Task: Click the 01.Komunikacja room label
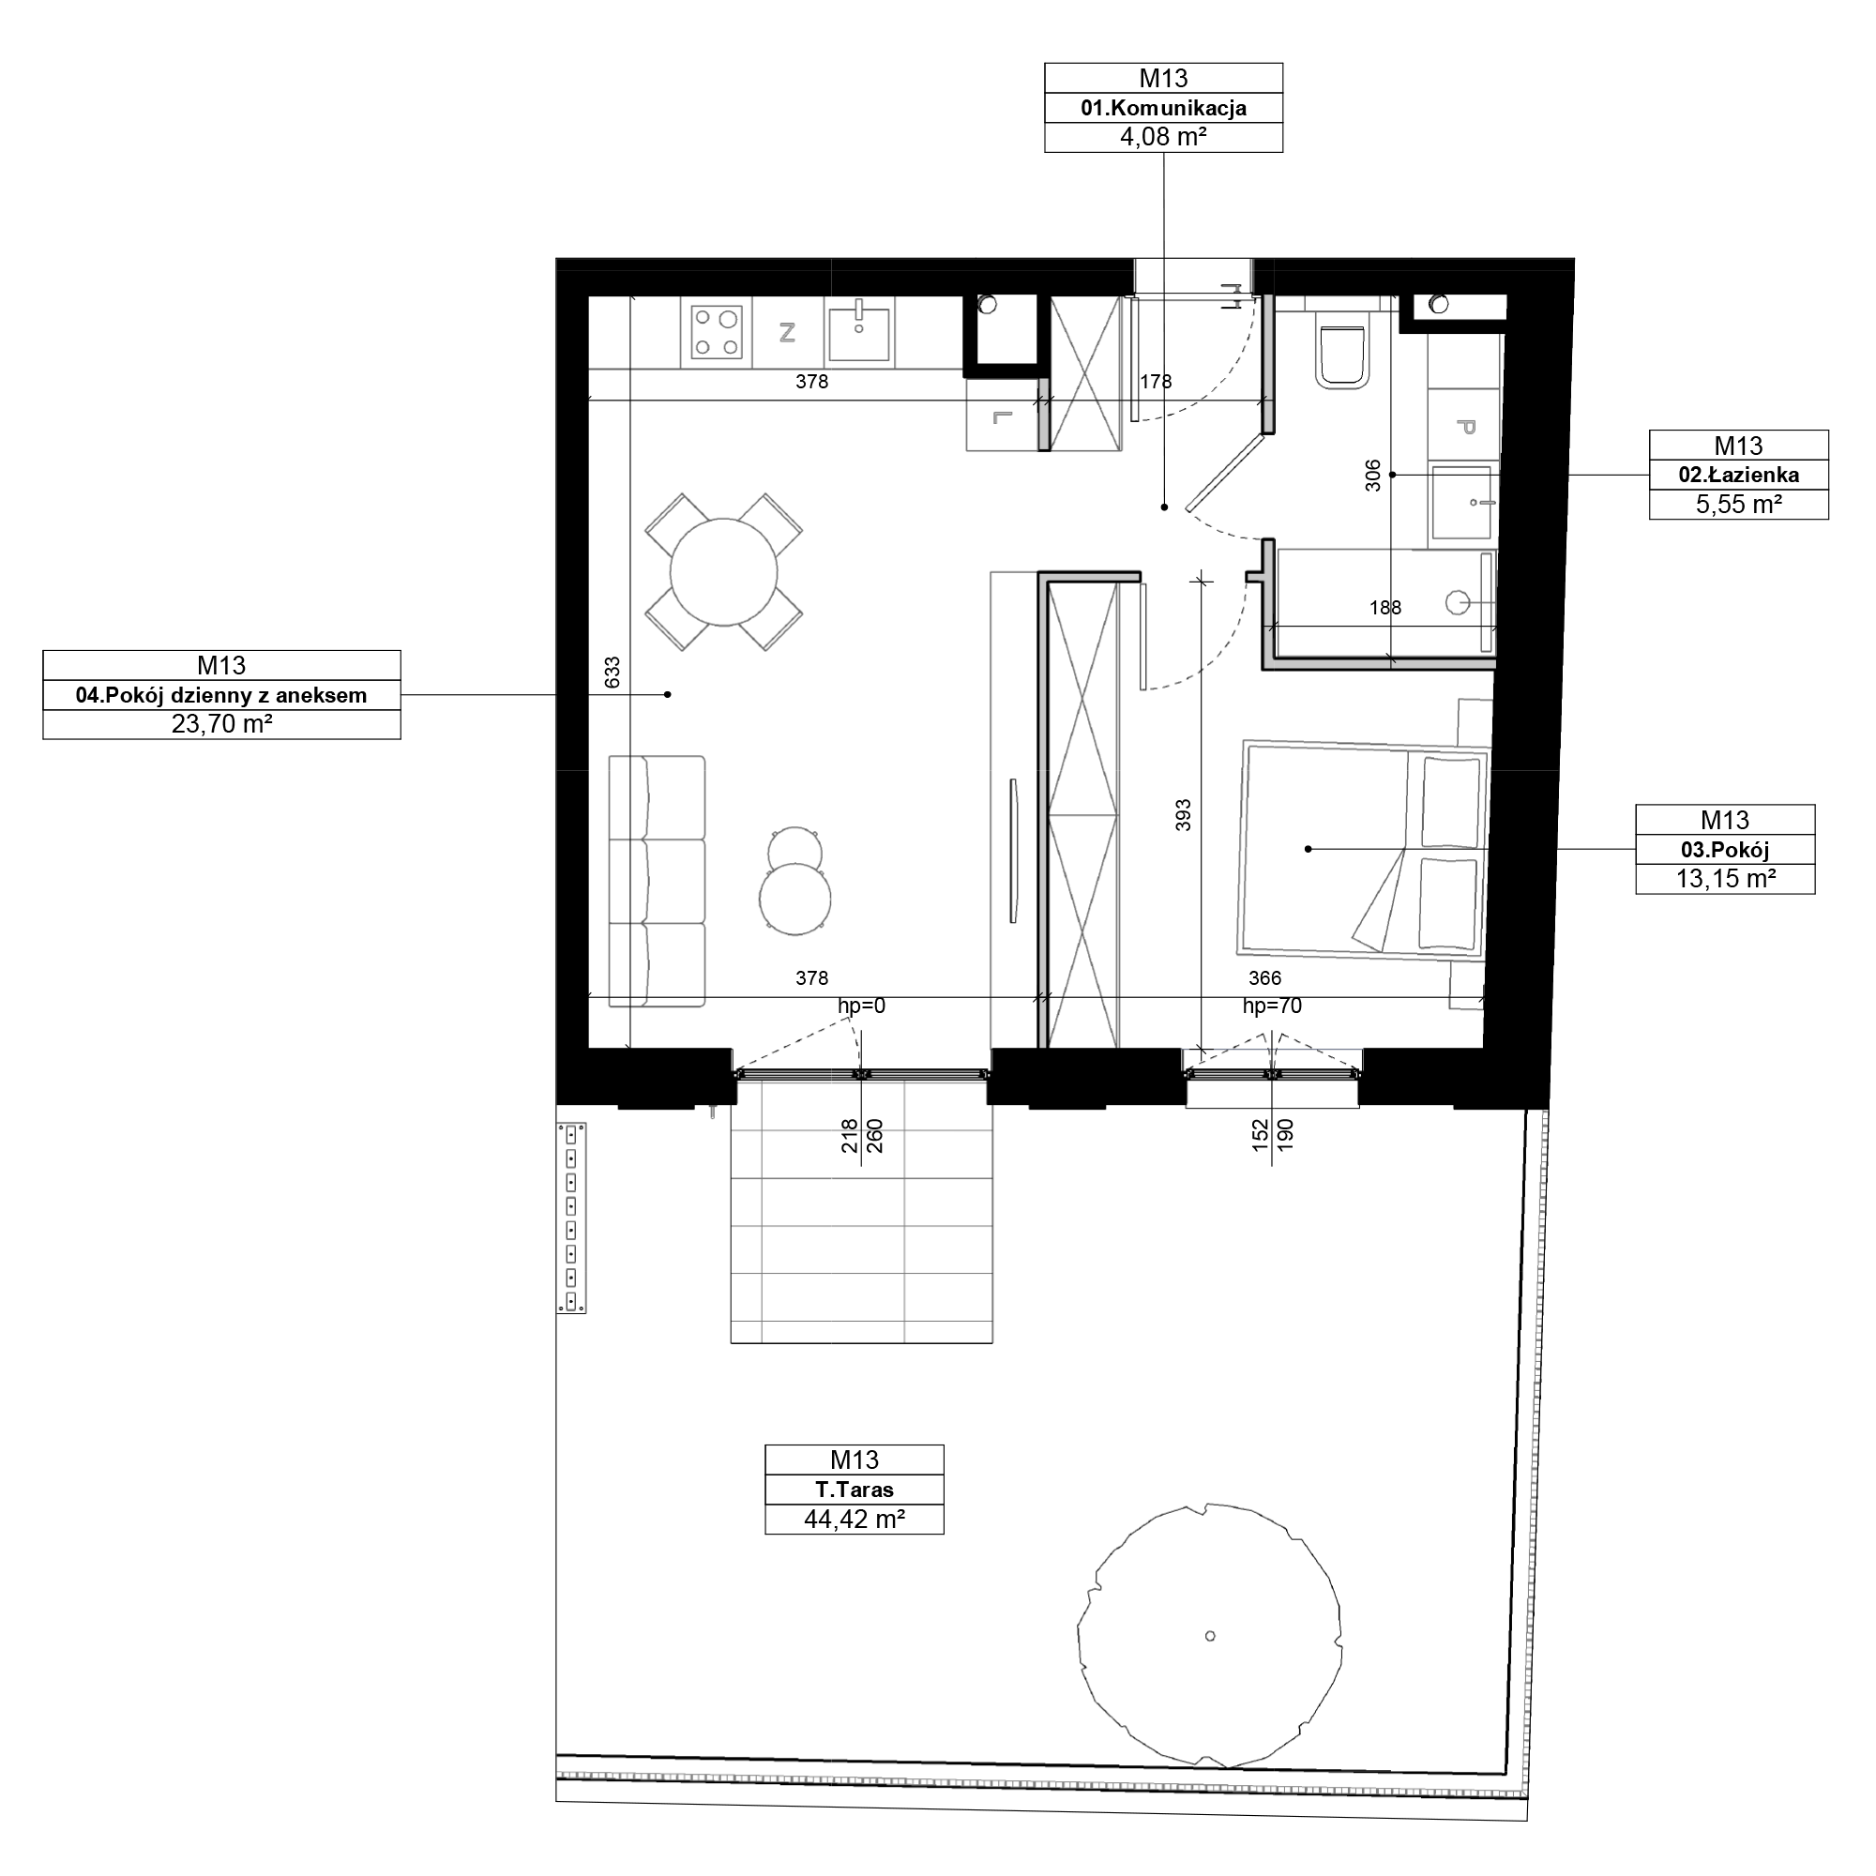[x=1163, y=108]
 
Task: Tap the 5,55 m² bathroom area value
[x=1738, y=504]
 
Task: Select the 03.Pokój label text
[x=1725, y=850]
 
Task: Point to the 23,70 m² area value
[x=221, y=723]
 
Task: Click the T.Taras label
[x=855, y=1490]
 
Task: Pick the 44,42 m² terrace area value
[x=855, y=1519]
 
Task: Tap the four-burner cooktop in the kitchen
[x=717, y=332]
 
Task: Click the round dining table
[x=723, y=572]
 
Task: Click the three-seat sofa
[x=657, y=881]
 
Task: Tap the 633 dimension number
[x=612, y=673]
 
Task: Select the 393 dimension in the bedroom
[x=1183, y=816]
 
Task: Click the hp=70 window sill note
[x=1272, y=1006]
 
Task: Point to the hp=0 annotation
[x=861, y=1006]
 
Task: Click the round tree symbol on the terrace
[x=1209, y=1635]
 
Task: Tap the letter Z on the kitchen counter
[x=788, y=333]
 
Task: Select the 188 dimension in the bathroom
[x=1385, y=608]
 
